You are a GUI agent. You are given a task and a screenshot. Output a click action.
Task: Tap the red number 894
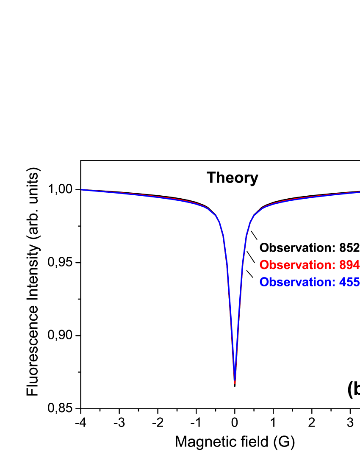[349, 265]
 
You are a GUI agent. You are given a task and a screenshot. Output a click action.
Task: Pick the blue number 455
[349, 282]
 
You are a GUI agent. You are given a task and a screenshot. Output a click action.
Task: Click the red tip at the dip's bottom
[235, 383]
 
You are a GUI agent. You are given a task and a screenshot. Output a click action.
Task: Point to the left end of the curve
[82, 190]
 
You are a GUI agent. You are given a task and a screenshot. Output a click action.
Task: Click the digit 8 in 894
[343, 265]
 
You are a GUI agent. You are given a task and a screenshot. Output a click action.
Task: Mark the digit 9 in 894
[349, 265]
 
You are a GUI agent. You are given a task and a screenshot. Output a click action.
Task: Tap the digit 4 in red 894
[356, 265]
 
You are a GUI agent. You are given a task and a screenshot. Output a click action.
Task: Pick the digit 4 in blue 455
[343, 282]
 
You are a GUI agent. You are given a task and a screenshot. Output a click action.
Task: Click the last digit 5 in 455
[357, 282]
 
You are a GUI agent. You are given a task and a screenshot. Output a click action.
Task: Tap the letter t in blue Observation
[313, 282]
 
